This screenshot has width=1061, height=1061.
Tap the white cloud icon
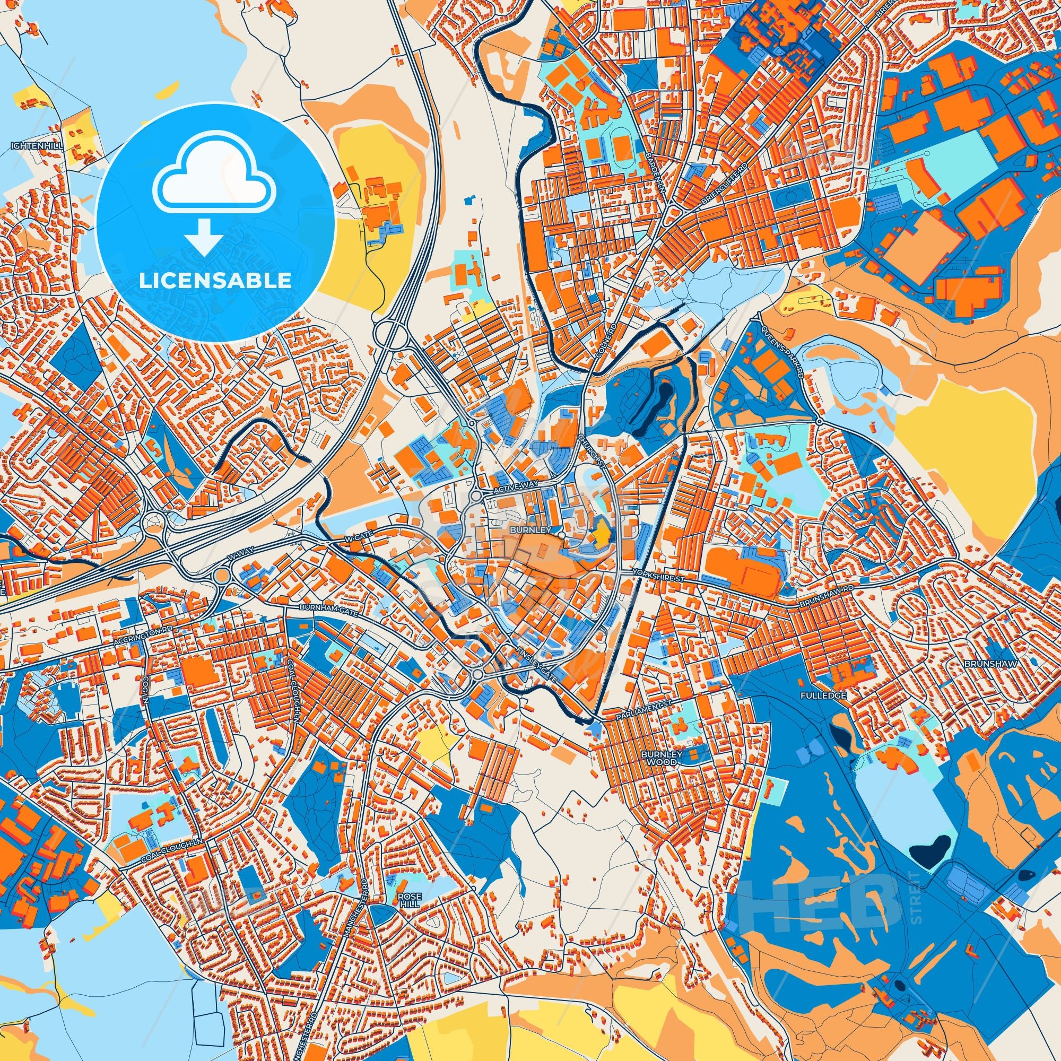(x=215, y=184)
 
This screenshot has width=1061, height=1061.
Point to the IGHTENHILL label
(x=37, y=146)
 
